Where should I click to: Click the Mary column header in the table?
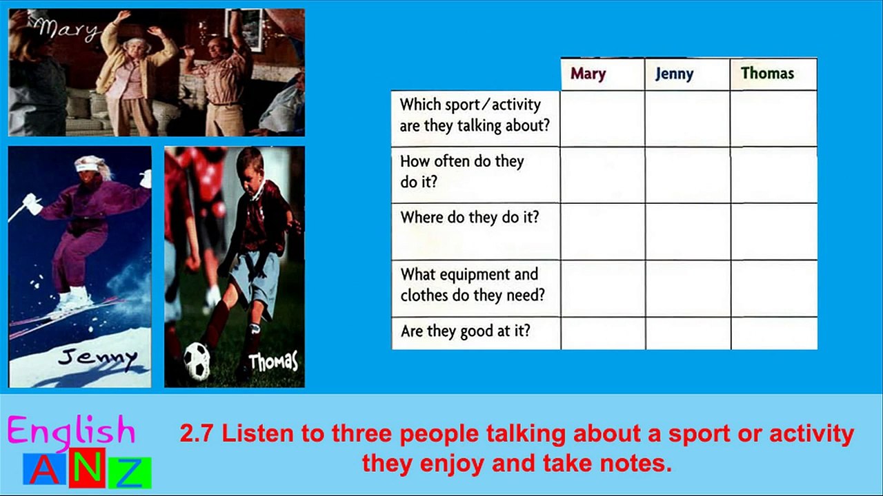tap(588, 74)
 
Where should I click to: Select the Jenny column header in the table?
tap(674, 74)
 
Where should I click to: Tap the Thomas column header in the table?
tap(767, 73)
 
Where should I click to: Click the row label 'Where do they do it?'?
tap(469, 217)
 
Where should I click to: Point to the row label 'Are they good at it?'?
tap(466, 331)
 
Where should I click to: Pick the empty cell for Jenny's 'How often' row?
tap(688, 176)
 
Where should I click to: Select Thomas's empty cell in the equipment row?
tap(774, 289)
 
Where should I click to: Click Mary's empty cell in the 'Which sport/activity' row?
tap(603, 119)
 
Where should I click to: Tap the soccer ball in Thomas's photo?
tap(197, 360)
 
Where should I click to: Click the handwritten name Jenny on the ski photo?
tap(97, 358)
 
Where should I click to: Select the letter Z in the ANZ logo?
tap(130, 473)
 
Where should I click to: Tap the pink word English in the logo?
tap(71, 432)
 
